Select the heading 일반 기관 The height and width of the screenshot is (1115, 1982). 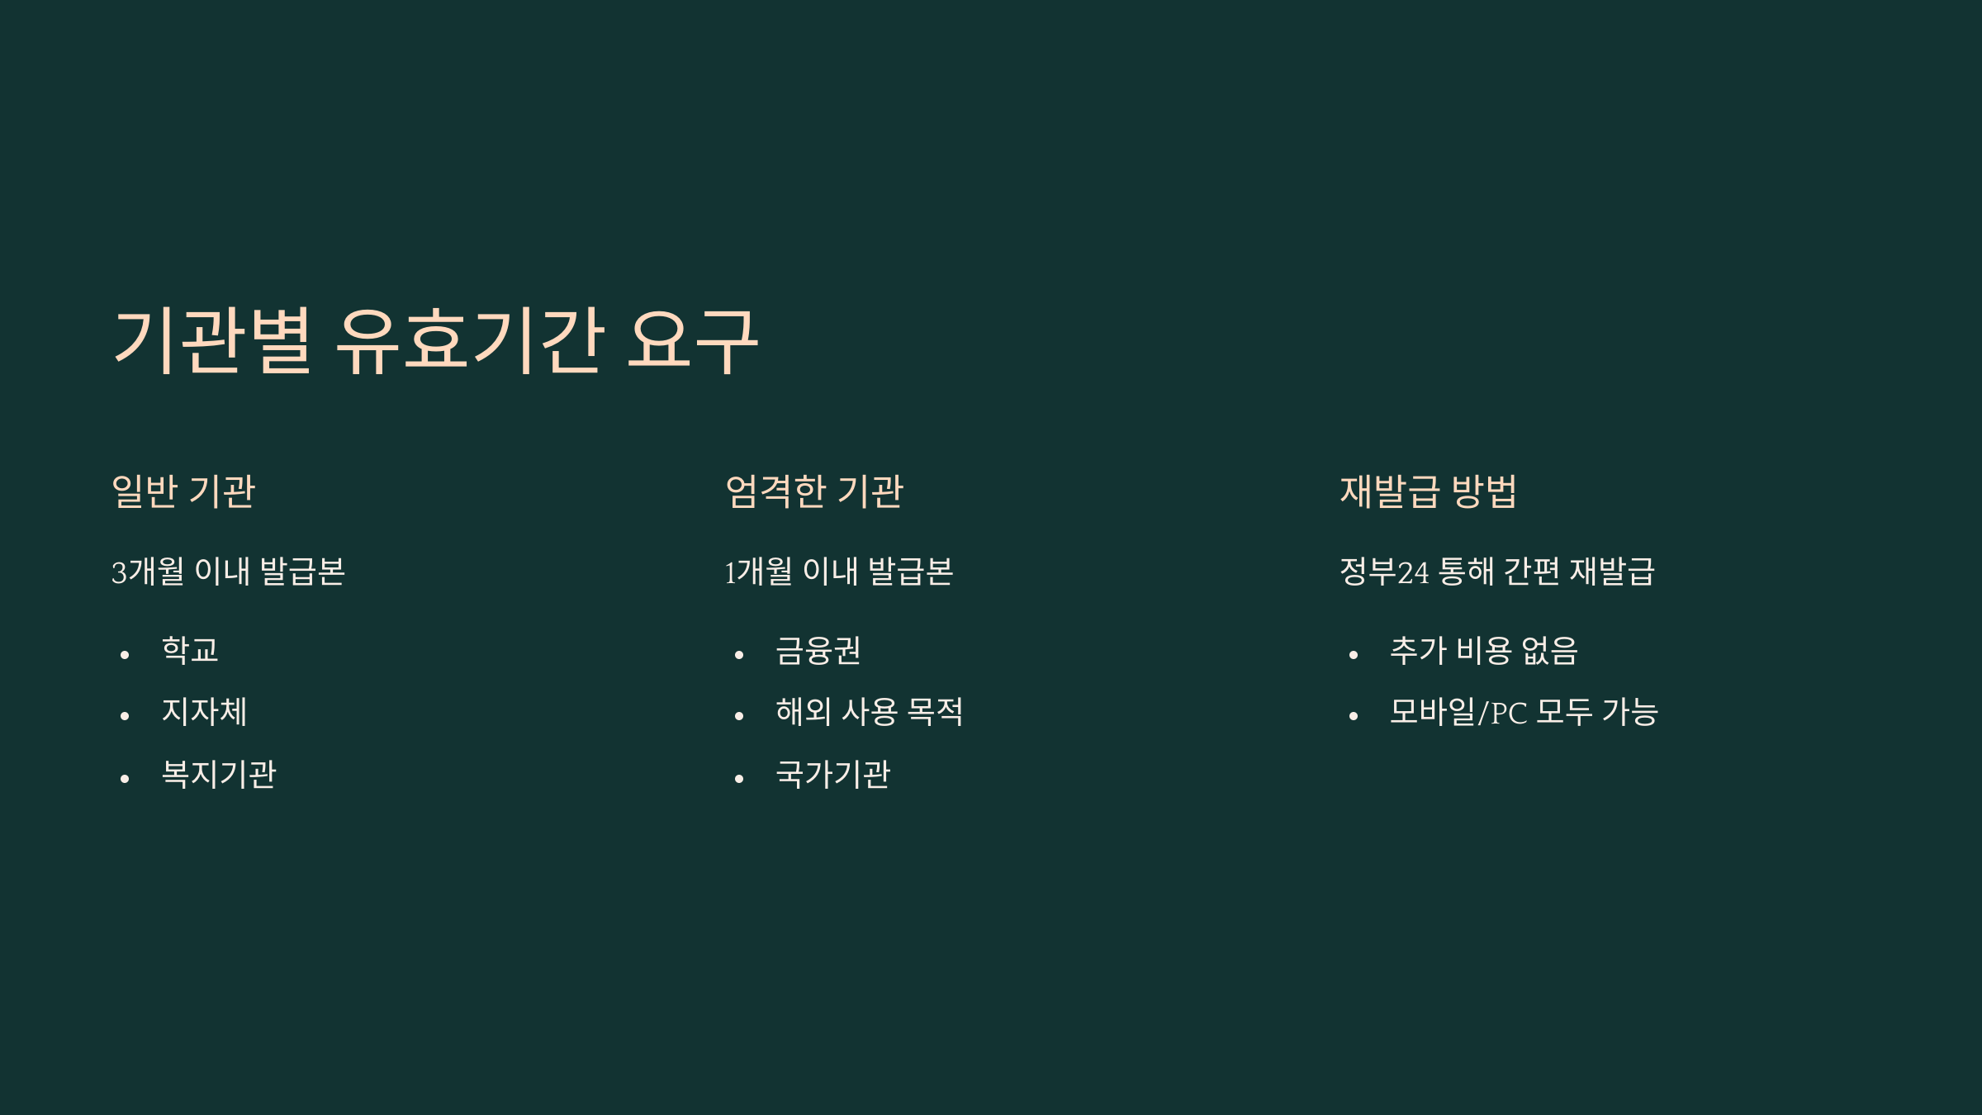click(x=183, y=491)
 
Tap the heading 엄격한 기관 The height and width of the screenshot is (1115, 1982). click(x=814, y=491)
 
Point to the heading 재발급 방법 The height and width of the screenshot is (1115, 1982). click(x=1428, y=491)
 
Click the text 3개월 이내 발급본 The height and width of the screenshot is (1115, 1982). click(x=228, y=572)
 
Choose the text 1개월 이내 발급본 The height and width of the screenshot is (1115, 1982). click(x=839, y=572)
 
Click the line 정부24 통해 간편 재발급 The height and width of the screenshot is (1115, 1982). click(x=1496, y=572)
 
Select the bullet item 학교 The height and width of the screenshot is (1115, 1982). click(x=190, y=650)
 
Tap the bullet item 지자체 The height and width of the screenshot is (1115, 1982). click(x=204, y=712)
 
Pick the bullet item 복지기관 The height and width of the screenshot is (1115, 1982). click(x=219, y=774)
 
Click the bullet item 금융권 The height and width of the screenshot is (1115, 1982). click(x=818, y=650)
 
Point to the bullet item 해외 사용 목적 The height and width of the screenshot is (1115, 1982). click(x=869, y=712)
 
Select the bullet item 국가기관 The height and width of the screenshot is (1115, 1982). click(x=832, y=774)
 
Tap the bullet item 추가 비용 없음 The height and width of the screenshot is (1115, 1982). click(x=1483, y=650)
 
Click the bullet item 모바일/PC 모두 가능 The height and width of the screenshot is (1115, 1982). click(x=1524, y=712)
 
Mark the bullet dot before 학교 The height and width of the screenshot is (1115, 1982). click(x=125, y=655)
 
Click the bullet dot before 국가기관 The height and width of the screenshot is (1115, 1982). click(x=739, y=779)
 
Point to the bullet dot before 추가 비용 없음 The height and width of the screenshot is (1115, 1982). click(x=1354, y=655)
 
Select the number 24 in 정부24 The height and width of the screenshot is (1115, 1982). click(x=1413, y=572)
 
